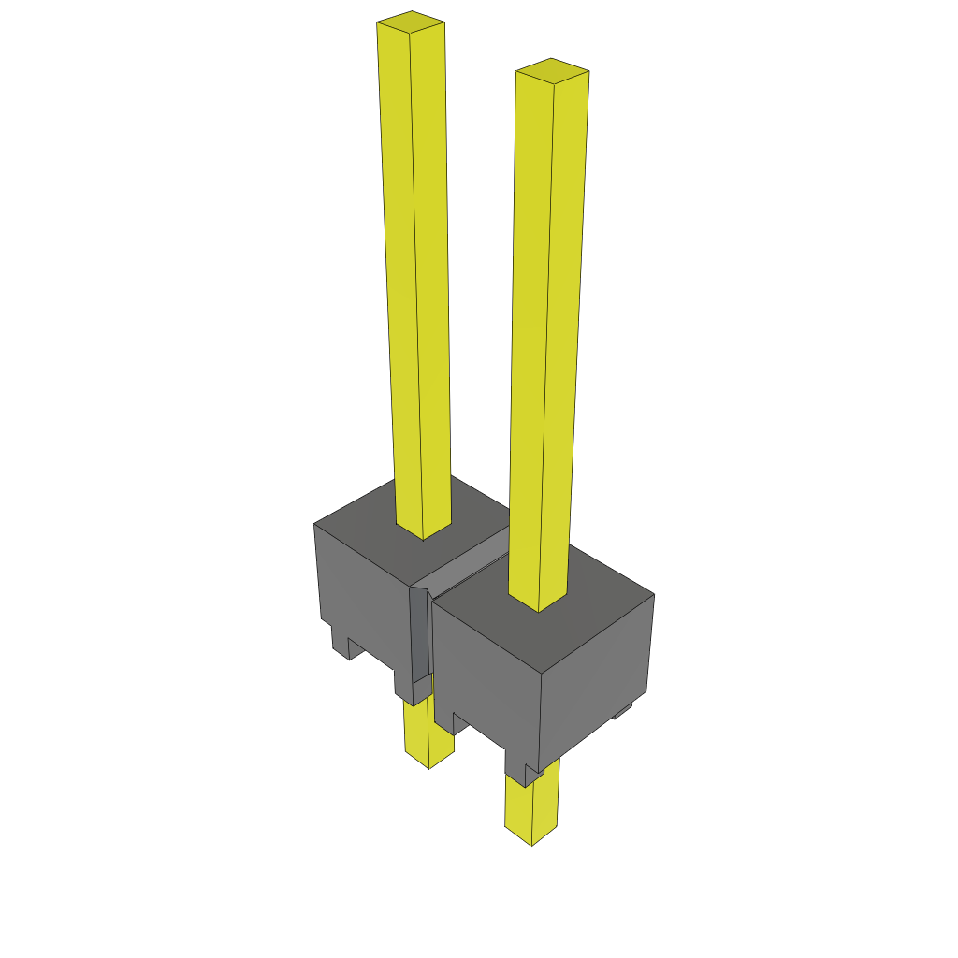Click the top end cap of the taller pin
pos(411,21)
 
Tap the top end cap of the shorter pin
pos(552,70)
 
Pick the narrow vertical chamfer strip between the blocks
pos(420,636)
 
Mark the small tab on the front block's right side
pos(622,713)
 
